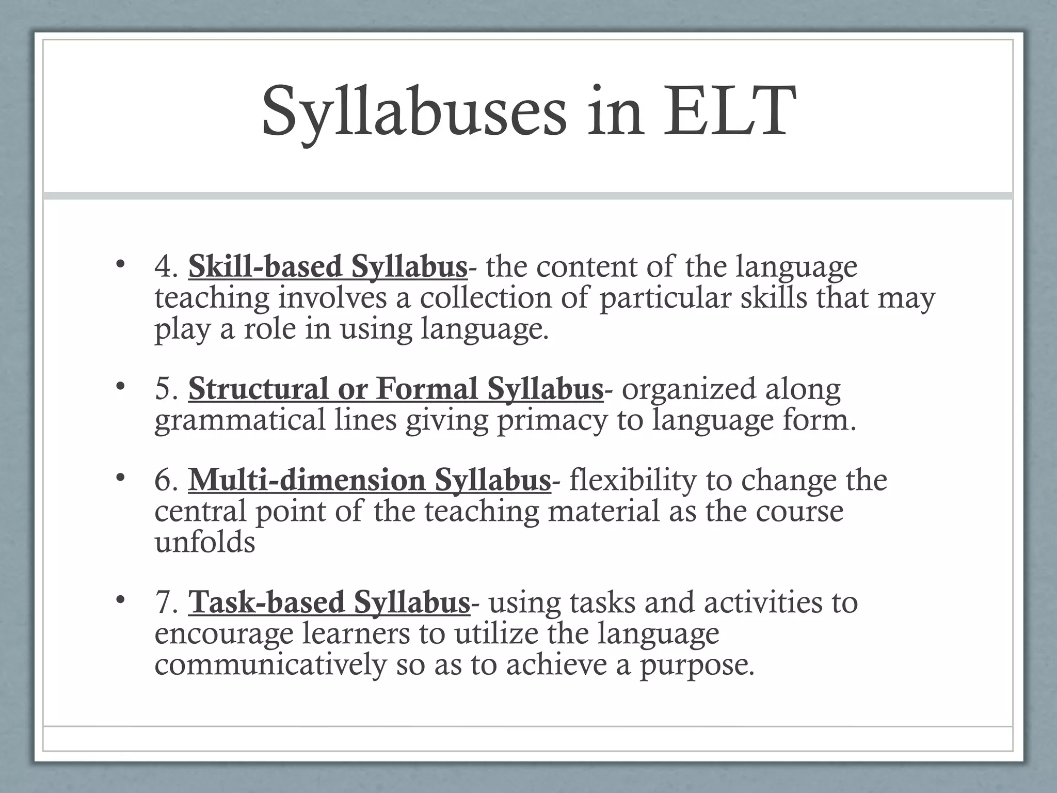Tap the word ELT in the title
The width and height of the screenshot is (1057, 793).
[x=726, y=113]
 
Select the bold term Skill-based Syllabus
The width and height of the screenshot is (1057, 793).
[x=328, y=267]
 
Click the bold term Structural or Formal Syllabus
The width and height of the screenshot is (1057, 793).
[x=395, y=389]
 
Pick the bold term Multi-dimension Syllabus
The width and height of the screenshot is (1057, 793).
[x=369, y=480]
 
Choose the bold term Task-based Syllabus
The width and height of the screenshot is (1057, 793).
[x=329, y=602]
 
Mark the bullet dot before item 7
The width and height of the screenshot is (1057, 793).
[x=120, y=599]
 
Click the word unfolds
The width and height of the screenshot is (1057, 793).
[x=205, y=542]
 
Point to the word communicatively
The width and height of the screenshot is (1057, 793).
[x=270, y=664]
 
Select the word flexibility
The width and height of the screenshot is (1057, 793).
[x=632, y=480]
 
